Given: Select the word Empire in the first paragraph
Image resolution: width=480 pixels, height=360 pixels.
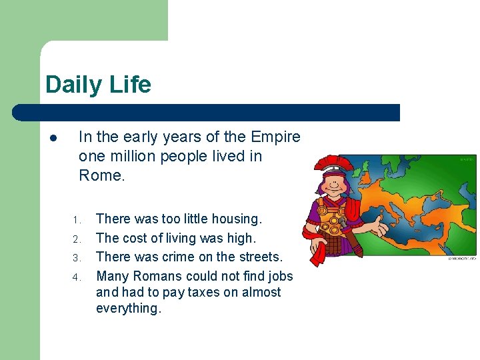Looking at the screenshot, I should (275, 137).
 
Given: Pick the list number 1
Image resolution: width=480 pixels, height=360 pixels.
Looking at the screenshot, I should (77, 220).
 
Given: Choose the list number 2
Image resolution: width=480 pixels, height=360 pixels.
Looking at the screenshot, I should (77, 239).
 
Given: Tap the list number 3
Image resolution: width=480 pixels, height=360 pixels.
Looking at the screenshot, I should (77, 258).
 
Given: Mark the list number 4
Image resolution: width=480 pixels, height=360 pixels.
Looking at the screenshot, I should (77, 277).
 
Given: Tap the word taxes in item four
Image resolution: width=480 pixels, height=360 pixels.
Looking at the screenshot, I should (211, 292).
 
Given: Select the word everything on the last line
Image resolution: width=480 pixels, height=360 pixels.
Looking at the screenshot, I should (129, 308).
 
